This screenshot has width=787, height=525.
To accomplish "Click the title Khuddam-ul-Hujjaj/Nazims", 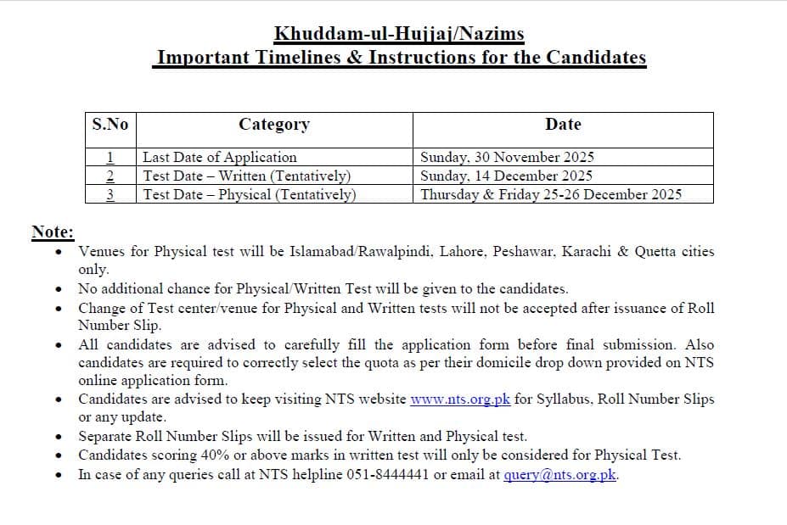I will click(x=399, y=34).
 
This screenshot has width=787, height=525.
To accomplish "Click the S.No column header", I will click(x=110, y=124).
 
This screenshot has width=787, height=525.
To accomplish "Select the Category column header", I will click(x=274, y=124).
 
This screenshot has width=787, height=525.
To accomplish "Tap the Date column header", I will click(x=563, y=124).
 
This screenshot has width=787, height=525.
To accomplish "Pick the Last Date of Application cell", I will click(x=220, y=157).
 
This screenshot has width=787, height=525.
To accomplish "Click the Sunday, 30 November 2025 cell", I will click(x=507, y=157).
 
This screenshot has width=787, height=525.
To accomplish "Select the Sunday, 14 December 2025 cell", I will click(x=506, y=176).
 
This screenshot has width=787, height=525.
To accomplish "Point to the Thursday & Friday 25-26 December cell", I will click(x=551, y=194).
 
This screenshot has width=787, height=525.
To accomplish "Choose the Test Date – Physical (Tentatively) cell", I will click(x=249, y=194).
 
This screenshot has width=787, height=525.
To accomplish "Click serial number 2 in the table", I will click(x=110, y=176).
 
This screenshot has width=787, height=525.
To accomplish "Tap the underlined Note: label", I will click(x=53, y=232).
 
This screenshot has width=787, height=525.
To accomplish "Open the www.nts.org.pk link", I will click(x=460, y=399).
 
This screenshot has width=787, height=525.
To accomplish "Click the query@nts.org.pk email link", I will click(x=559, y=475).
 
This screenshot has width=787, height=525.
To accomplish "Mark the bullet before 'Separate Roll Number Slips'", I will click(x=58, y=438).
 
